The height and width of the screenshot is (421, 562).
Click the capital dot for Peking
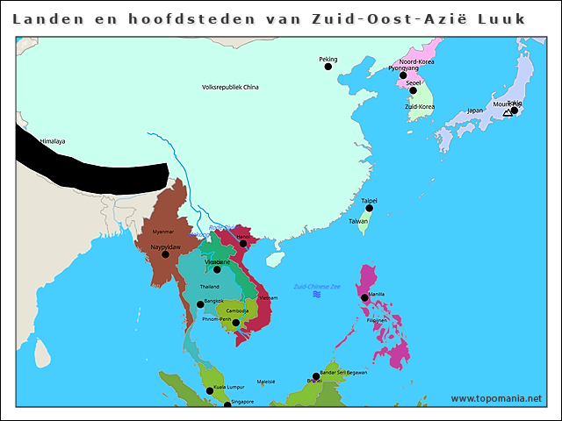coord(328,67)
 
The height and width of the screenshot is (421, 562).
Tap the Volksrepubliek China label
coord(230,88)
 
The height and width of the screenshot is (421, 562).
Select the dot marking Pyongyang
coord(404,75)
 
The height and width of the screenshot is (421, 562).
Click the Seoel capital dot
coord(413,90)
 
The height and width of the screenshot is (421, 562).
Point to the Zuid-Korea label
coord(419,107)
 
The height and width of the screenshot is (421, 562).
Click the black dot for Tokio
coord(515,111)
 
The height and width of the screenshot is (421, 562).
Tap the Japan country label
coord(475,111)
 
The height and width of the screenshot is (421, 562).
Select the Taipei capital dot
coord(370,208)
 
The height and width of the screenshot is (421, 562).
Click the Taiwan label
coord(359,221)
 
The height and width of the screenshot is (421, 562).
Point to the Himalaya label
coord(53,141)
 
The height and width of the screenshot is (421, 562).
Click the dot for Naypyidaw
coord(165,254)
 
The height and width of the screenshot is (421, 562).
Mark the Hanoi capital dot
coord(243,244)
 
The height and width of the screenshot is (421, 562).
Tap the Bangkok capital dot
coord(200,304)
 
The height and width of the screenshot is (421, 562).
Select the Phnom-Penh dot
coord(235,322)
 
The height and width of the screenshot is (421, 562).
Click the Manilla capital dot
coord(364,298)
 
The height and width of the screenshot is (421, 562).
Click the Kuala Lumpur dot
coord(210,390)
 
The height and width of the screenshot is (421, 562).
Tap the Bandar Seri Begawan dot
coord(316,376)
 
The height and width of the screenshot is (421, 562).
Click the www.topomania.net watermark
coord(496,398)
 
